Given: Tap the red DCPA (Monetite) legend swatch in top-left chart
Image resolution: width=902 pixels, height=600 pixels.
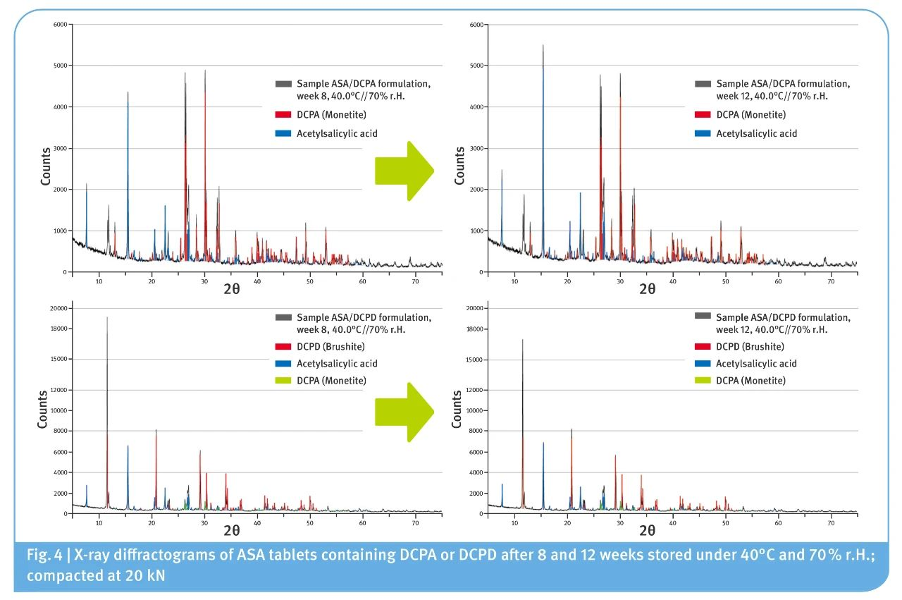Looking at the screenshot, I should click(283, 115).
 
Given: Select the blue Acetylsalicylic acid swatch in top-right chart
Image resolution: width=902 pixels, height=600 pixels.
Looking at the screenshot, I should click(703, 133).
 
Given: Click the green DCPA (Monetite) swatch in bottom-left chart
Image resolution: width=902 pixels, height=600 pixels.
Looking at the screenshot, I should click(283, 381).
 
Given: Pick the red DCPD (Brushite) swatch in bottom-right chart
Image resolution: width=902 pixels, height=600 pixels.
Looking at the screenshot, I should click(703, 347).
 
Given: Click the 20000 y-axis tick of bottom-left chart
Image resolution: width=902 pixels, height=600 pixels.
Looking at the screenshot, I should click(56, 309).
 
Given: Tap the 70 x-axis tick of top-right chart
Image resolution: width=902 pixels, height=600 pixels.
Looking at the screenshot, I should click(831, 281).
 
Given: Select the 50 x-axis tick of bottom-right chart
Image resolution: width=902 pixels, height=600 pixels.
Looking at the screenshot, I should click(725, 523).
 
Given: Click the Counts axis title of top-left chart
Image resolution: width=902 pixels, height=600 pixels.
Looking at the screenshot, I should click(46, 166).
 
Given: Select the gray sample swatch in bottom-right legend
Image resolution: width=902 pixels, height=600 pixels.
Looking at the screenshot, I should click(703, 317).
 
